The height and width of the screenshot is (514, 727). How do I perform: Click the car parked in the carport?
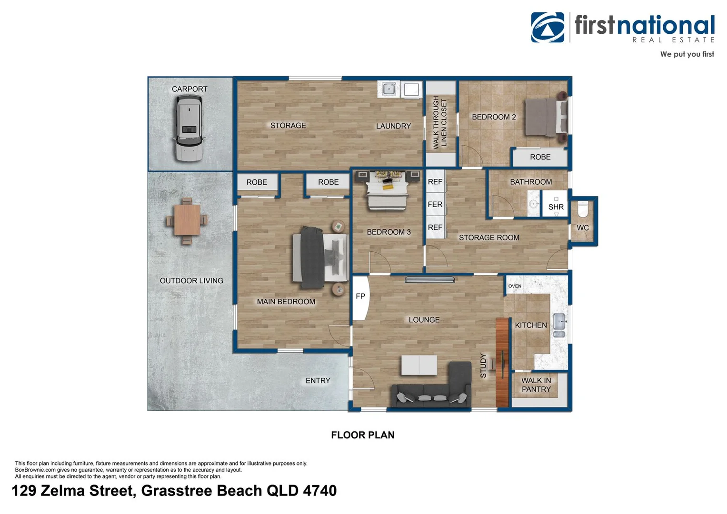189,128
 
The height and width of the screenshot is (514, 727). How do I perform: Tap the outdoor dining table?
187,220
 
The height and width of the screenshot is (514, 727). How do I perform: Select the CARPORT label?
189,89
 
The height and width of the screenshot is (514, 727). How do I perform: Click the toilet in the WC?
583,209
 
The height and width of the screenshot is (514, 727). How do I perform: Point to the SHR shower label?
556,207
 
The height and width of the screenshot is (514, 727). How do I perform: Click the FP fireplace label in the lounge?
360,297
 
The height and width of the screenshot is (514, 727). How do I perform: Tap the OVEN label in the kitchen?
515,286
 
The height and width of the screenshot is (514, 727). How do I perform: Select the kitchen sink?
559,325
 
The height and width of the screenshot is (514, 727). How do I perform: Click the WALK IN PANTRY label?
536,385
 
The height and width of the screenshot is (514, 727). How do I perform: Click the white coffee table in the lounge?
419,365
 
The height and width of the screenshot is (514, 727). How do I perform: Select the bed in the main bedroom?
319,257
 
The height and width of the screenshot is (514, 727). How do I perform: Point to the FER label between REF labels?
435,205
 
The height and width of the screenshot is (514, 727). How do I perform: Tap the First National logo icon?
548,27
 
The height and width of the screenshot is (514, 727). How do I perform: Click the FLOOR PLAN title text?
363,435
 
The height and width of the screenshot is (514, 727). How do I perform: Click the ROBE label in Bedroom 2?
540,157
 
